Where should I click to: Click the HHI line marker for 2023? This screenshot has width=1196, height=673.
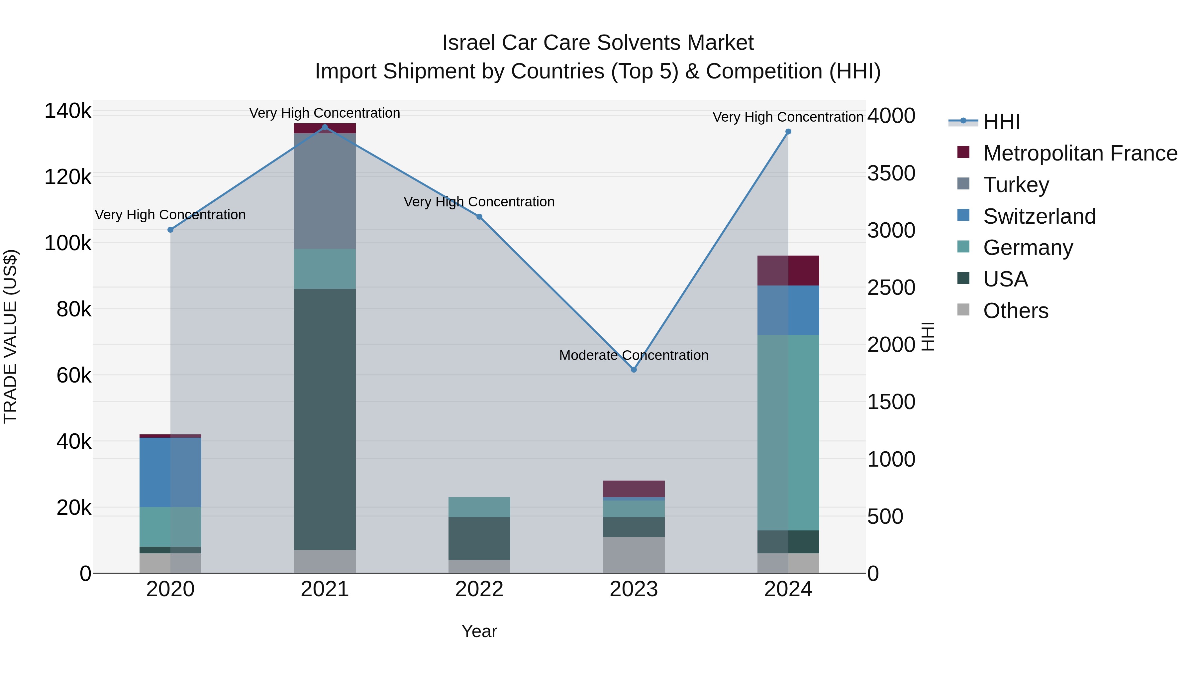tap(634, 370)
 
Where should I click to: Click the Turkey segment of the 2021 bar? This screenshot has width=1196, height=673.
tap(325, 190)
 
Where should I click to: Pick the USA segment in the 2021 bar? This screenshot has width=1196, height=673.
tap(325, 418)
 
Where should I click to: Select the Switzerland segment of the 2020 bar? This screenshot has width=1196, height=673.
tap(170, 472)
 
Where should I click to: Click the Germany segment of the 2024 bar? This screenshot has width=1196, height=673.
tap(788, 432)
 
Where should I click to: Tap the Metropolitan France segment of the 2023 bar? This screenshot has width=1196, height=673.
tap(634, 489)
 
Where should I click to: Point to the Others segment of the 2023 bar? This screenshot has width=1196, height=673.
tap(634, 555)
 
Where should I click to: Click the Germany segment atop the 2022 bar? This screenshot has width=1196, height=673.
tap(479, 507)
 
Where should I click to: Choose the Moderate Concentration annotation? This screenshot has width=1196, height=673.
tap(634, 355)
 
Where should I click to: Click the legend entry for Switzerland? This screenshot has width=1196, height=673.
tap(1039, 216)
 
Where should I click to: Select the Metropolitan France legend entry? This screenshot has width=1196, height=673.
tap(1080, 153)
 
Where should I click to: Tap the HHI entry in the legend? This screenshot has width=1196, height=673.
tap(1001, 122)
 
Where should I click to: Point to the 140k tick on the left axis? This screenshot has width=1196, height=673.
tap(68, 111)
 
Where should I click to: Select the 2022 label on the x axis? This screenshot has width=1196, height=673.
tap(479, 589)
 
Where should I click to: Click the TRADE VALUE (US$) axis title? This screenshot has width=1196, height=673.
tap(10, 336)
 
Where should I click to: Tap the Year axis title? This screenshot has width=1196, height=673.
tap(479, 631)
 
